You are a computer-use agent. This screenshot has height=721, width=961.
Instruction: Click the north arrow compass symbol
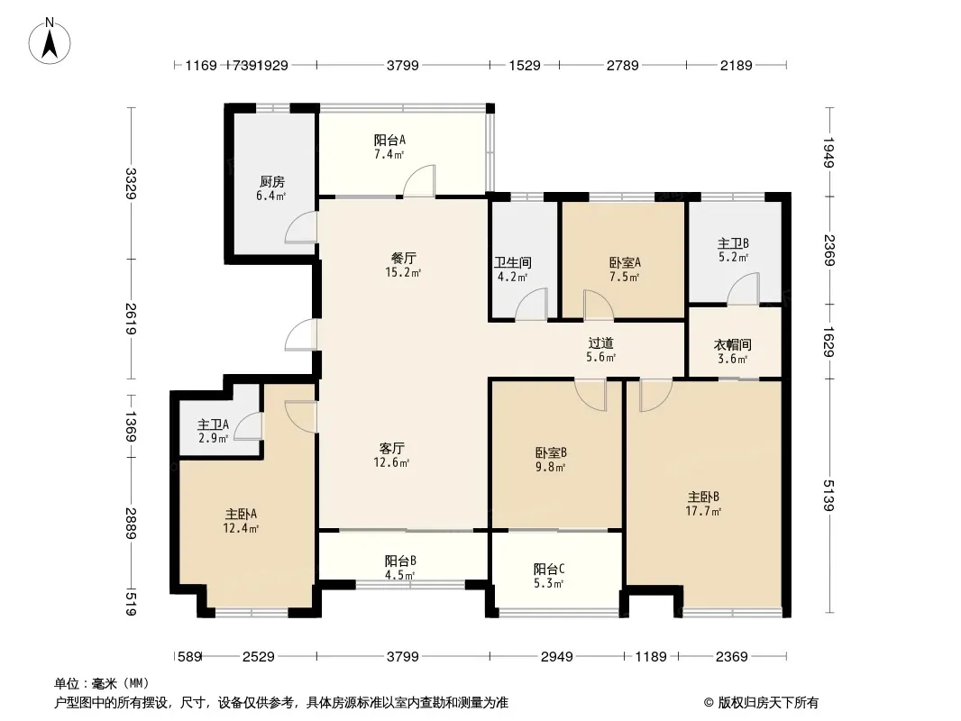(50, 41)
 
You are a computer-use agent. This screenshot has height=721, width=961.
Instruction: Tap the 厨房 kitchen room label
(271, 182)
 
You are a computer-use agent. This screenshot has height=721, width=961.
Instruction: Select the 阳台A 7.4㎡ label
(389, 147)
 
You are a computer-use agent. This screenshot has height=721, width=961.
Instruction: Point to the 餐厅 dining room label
(403, 258)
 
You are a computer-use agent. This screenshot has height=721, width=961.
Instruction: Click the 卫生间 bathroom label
(513, 263)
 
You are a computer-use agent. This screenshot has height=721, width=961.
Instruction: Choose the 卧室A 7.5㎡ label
(625, 269)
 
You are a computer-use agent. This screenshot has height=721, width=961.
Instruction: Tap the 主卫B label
(733, 243)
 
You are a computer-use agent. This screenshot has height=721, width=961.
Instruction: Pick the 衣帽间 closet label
(732, 345)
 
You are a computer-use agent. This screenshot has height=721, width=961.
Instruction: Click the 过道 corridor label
(600, 343)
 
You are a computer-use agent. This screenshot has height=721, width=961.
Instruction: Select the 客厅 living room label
(391, 449)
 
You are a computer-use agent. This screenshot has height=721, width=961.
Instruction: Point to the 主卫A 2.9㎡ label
(214, 432)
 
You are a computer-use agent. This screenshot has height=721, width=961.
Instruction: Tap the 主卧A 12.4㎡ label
(241, 521)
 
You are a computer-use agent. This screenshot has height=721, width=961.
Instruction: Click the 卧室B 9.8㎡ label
(551, 460)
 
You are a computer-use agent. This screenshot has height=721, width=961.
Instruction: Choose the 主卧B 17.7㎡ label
(703, 504)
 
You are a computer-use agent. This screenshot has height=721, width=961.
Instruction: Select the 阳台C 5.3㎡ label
(548, 576)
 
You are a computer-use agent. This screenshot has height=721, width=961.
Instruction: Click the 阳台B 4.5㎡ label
(400, 568)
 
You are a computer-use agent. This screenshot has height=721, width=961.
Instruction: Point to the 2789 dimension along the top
(623, 65)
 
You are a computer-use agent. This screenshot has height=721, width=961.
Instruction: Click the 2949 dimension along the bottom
(556, 657)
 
